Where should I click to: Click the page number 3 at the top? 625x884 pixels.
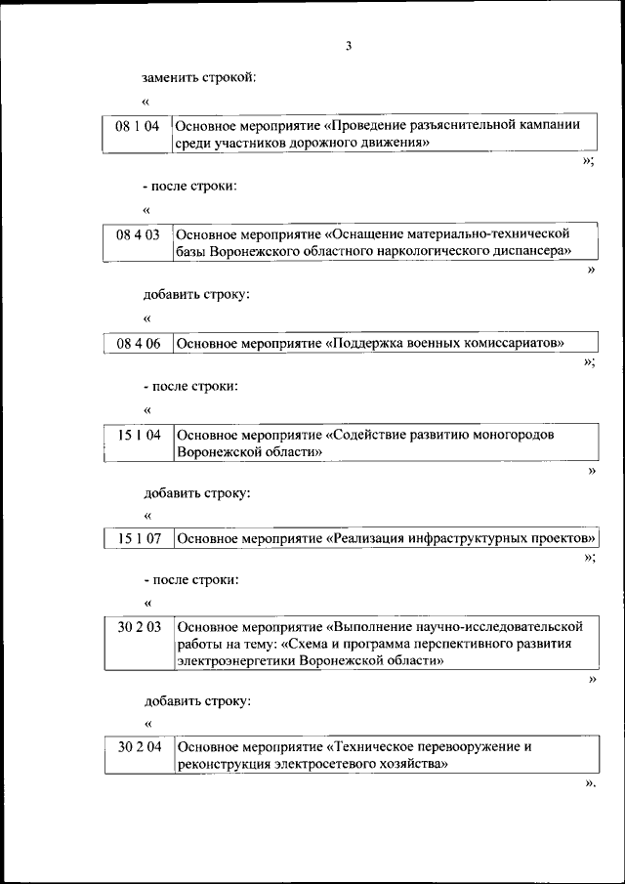click(348, 46)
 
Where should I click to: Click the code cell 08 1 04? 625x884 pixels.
click(137, 126)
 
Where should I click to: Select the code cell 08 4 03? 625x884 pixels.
click(137, 234)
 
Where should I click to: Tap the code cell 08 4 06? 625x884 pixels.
click(137, 343)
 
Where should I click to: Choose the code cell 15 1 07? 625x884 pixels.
click(138, 537)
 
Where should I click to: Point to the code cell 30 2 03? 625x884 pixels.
click(138, 626)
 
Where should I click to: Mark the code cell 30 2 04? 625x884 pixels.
click(138, 747)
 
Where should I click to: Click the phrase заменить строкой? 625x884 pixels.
click(199, 76)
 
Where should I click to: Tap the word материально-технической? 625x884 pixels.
click(495, 234)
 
